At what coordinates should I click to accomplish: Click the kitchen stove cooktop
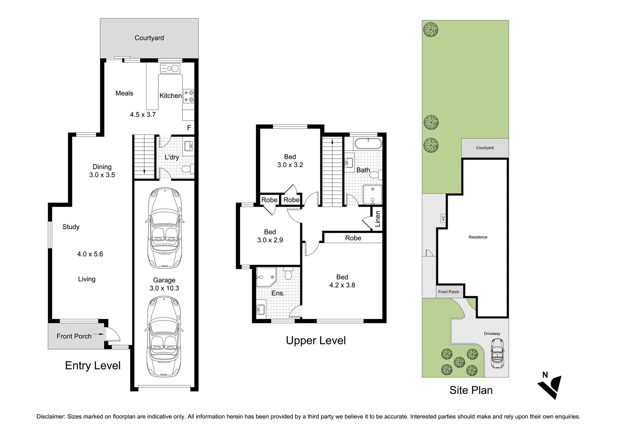click(x=189, y=96)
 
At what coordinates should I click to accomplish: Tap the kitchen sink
click(x=170, y=68)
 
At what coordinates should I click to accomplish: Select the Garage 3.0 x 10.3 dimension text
click(x=164, y=288)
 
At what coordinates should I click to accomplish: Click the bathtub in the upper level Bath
click(x=368, y=143)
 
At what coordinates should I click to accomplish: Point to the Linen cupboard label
click(x=378, y=219)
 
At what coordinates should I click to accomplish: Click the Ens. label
click(x=278, y=293)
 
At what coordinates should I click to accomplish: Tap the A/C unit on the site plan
click(x=443, y=218)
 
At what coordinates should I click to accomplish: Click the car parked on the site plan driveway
click(x=497, y=353)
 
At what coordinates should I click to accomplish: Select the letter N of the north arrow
click(x=545, y=375)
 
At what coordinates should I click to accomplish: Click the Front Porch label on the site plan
click(x=449, y=292)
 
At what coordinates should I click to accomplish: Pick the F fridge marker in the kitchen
click(x=189, y=128)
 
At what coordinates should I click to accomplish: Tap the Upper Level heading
click(x=316, y=340)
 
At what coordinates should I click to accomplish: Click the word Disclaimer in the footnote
click(x=51, y=417)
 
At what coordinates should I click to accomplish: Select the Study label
click(x=71, y=226)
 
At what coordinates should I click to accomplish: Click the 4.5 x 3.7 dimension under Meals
click(x=143, y=115)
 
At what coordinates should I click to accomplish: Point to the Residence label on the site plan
click(x=478, y=237)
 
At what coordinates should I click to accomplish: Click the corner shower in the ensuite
click(x=266, y=277)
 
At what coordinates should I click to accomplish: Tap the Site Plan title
click(x=471, y=390)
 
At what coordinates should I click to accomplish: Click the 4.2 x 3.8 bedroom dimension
click(x=342, y=285)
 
